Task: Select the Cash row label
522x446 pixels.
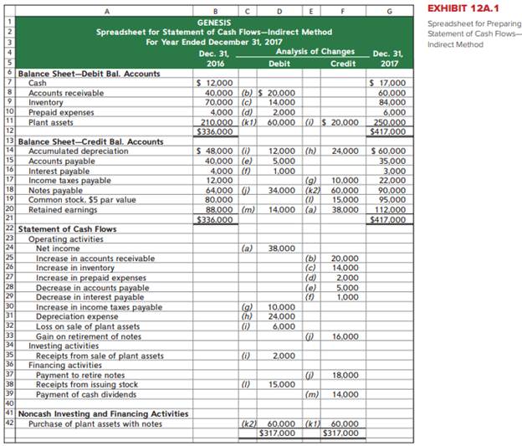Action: tap(38, 83)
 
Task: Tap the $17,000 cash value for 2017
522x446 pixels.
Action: tap(387, 83)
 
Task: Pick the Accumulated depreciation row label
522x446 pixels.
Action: tap(79, 151)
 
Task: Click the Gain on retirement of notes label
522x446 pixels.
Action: tap(89, 336)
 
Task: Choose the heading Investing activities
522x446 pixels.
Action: tap(63, 345)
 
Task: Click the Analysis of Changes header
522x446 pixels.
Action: tap(315, 51)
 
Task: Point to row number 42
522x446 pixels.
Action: tap(8, 423)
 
